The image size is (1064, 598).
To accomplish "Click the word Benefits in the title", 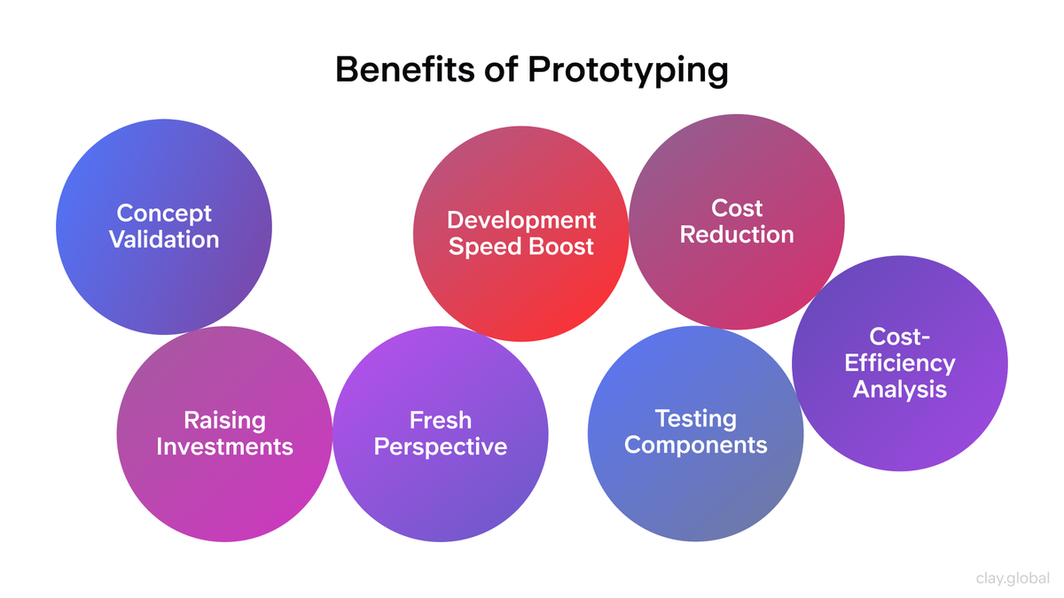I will pyautogui.click(x=404, y=70).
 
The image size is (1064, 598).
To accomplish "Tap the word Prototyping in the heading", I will pyautogui.click(x=628, y=71).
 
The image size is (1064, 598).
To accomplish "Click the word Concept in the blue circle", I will pyautogui.click(x=164, y=213).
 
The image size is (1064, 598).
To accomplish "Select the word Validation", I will pyautogui.click(x=164, y=239).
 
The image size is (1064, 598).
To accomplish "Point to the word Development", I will pyautogui.click(x=521, y=220).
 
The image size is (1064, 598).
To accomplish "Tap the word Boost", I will pyautogui.click(x=561, y=246).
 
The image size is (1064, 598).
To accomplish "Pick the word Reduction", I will pyautogui.click(x=737, y=235).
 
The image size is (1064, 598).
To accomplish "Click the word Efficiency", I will pyautogui.click(x=900, y=363).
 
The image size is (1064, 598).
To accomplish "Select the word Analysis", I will pyautogui.click(x=900, y=389).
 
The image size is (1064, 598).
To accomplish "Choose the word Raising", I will pyautogui.click(x=224, y=420).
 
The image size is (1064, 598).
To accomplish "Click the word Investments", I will pyautogui.click(x=224, y=446).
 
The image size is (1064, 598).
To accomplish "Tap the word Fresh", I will pyautogui.click(x=441, y=420).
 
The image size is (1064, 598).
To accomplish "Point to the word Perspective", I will pyautogui.click(x=441, y=447).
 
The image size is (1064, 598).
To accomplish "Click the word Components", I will pyautogui.click(x=695, y=444).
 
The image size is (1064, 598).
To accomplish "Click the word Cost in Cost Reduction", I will pyautogui.click(x=737, y=208).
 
